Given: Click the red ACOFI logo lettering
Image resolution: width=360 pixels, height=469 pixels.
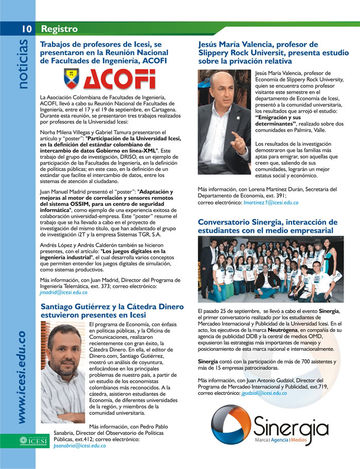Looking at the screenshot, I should tap(119, 79).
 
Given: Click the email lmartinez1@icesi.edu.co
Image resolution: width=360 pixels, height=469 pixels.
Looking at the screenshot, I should tap(271, 203).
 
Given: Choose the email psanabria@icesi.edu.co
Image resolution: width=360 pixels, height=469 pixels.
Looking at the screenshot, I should tap(80, 446).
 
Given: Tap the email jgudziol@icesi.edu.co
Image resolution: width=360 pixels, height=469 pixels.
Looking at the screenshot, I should tap(264, 393).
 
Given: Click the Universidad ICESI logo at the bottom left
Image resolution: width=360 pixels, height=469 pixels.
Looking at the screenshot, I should tap(34, 440).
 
